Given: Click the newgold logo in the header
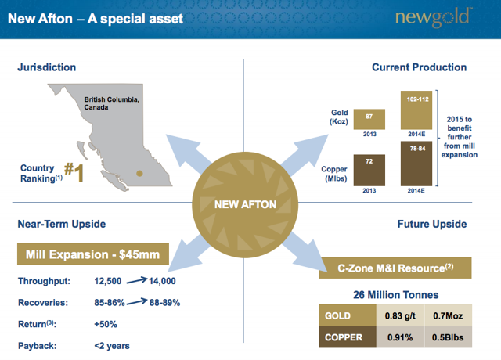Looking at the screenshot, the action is (433, 17).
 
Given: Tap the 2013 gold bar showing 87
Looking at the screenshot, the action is (369, 119).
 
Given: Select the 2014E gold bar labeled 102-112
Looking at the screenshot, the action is (416, 110).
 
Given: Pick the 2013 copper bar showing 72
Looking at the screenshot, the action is (369, 171).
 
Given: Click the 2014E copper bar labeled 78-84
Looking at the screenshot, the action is (416, 164).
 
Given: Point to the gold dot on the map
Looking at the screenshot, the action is (139, 174).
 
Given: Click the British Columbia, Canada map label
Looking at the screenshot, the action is (111, 103).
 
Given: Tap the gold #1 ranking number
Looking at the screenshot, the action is (74, 172).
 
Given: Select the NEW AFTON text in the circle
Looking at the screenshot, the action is (245, 204).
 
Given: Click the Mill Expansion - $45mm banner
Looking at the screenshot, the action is (93, 254).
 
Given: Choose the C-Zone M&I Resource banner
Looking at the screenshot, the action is (395, 268).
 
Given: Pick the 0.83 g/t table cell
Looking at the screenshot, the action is (400, 315).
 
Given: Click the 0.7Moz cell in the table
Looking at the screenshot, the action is (448, 315).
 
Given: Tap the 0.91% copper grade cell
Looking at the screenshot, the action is (400, 337).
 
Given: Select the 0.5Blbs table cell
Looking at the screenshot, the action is (448, 337).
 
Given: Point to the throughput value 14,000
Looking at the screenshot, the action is (162, 281).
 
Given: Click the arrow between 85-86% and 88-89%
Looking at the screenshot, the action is (137, 302).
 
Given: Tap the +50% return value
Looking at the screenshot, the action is (106, 324).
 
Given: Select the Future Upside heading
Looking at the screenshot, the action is (432, 224).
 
